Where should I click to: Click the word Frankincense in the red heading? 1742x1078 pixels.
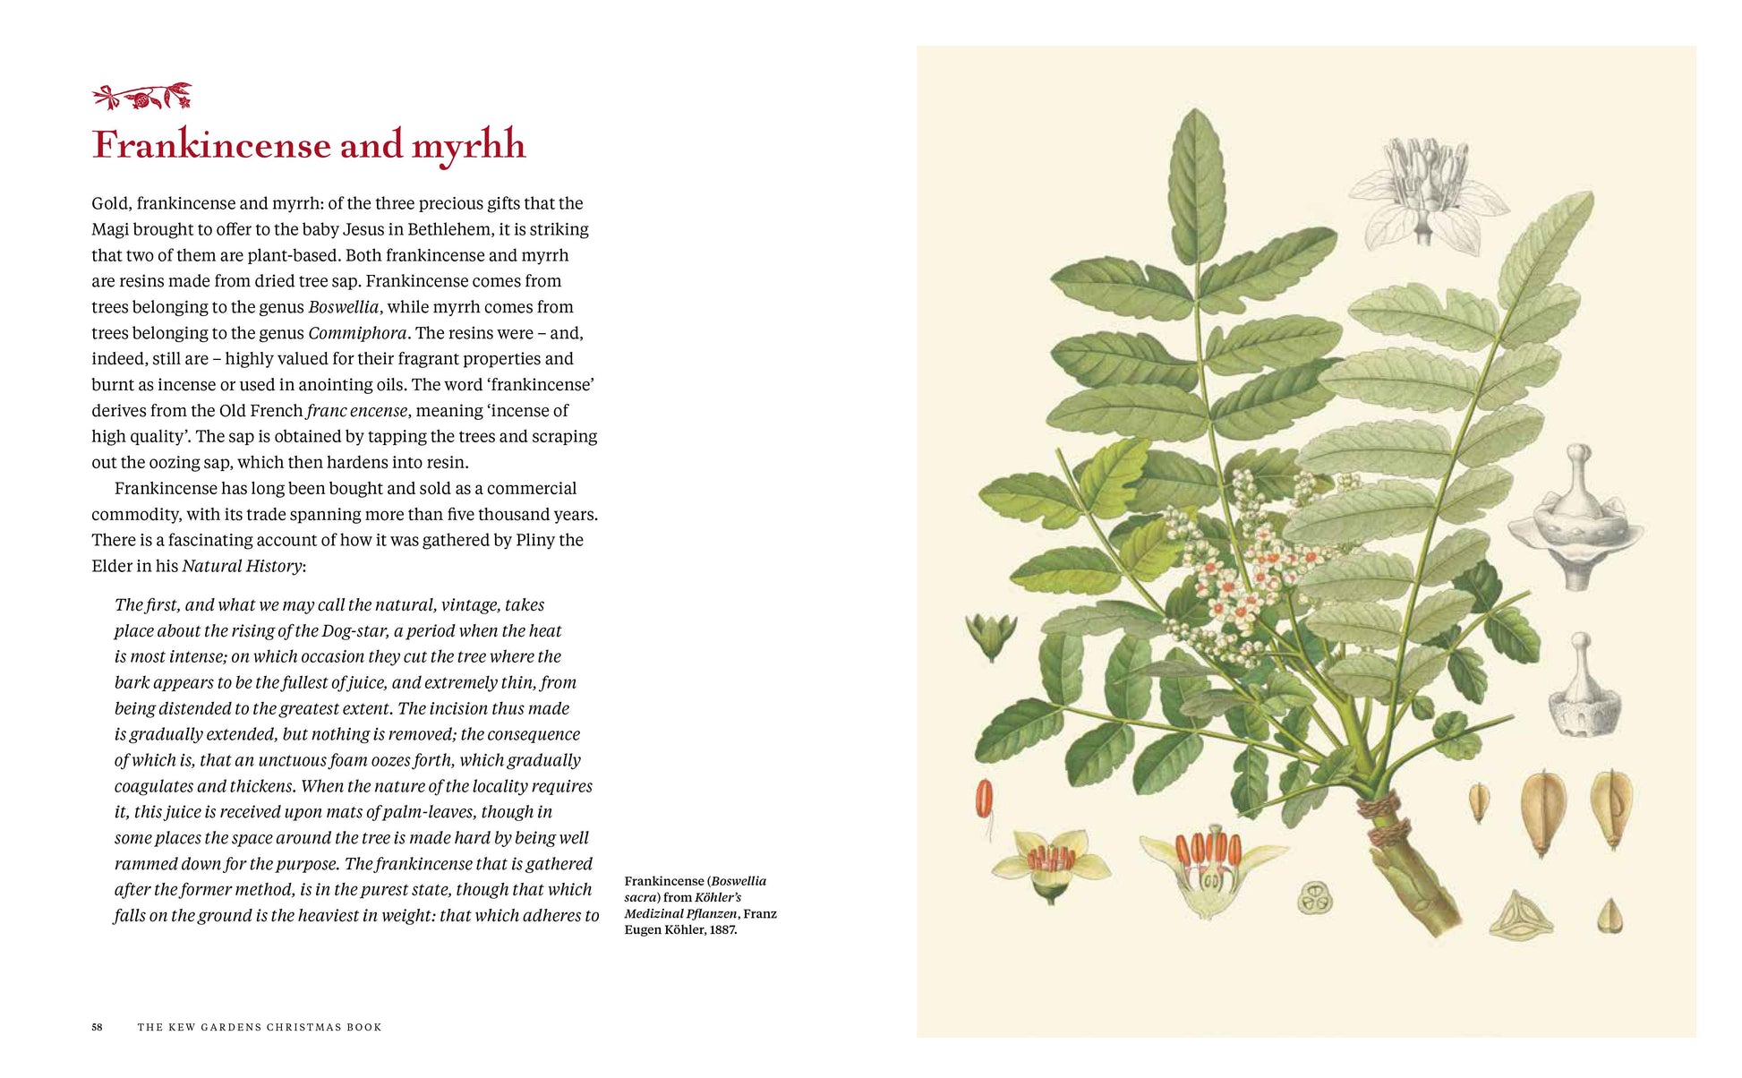pos(211,145)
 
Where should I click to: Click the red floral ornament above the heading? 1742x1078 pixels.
pos(142,96)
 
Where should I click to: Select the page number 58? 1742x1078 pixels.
pos(97,1027)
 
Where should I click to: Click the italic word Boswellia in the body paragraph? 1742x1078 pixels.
pos(344,307)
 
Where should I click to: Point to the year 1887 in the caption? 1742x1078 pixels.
pos(722,929)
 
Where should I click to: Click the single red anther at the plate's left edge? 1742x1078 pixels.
pos(985,799)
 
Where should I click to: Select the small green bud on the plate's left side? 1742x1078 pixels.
pos(991,635)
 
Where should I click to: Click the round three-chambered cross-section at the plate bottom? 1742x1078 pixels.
pos(1315,898)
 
